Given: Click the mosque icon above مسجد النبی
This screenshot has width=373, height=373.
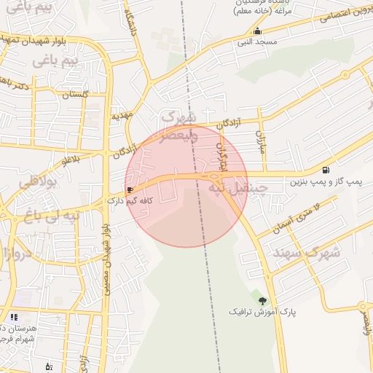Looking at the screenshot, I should pyautogui.click(x=257, y=31).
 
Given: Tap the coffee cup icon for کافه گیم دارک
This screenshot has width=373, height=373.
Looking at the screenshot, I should pyautogui.click(x=130, y=189).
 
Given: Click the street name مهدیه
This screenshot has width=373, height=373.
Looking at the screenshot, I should pyautogui.click(x=121, y=117).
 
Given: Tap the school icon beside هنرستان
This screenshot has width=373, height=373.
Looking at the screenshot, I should pyautogui.click(x=14, y=317).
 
